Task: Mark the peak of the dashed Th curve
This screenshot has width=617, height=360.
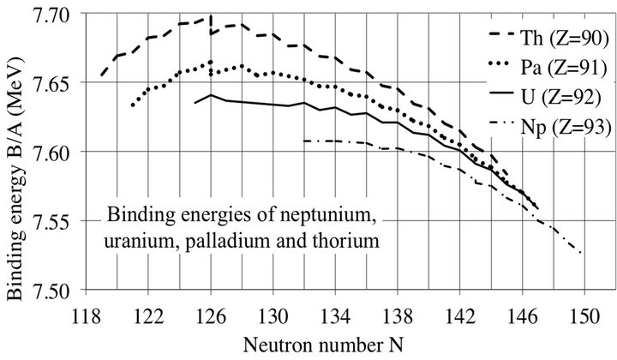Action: [210, 16]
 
